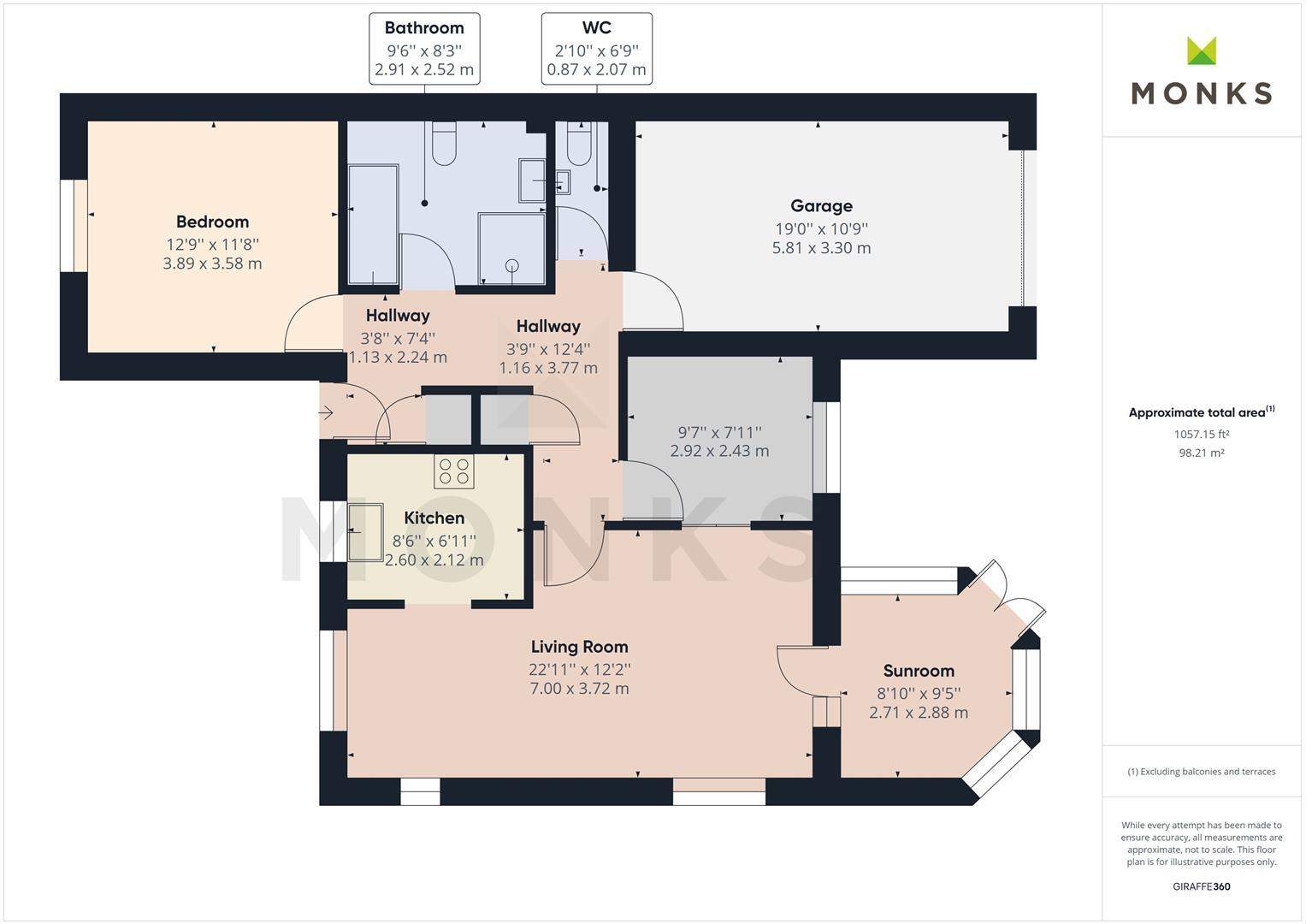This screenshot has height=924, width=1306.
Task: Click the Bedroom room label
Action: click(212, 222)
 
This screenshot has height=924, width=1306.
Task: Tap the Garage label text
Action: click(821, 206)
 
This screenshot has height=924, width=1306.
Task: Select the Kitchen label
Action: click(434, 518)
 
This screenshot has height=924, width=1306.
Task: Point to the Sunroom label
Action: click(919, 671)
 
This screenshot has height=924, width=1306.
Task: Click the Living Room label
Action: click(579, 647)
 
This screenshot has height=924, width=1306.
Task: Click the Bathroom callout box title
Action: click(424, 28)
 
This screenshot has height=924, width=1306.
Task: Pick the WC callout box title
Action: click(596, 28)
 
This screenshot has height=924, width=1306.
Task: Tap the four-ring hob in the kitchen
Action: click(453, 471)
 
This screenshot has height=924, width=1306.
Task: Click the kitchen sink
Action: click(365, 532)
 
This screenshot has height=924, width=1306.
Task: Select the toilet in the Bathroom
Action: click(444, 144)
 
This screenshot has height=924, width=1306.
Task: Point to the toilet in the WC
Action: click(579, 144)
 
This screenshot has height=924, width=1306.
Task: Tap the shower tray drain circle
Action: click(512, 266)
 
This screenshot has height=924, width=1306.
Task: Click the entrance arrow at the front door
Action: click(325, 413)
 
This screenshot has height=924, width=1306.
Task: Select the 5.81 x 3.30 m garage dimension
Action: click(821, 248)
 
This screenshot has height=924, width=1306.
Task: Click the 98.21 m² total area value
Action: click(1201, 453)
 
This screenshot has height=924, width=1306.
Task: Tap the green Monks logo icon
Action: click(1202, 50)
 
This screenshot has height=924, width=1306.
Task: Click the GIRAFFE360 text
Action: click(1201, 886)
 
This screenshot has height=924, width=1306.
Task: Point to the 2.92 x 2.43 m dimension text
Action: click(719, 451)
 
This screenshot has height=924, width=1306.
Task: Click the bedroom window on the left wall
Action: click(74, 226)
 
